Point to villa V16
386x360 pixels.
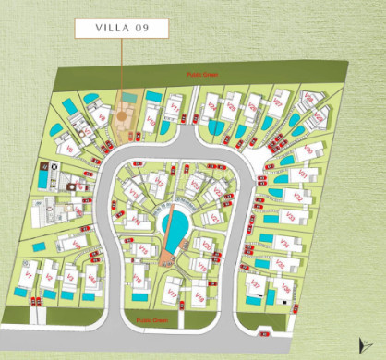pos(137,278)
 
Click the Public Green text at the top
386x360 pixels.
pos(200,73)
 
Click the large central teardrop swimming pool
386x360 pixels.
pos(173,222)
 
